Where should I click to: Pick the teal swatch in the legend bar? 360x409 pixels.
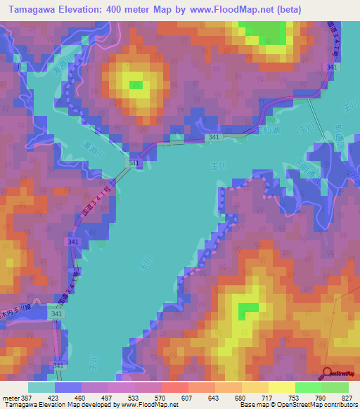coord(41,387)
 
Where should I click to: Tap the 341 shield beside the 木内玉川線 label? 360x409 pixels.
coord(57,313)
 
